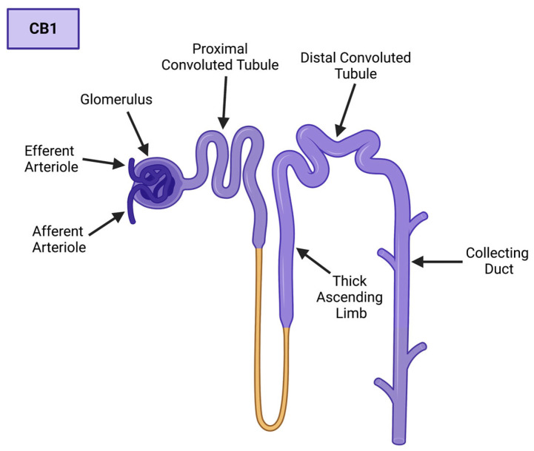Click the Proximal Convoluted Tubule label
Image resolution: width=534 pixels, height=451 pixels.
236,57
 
